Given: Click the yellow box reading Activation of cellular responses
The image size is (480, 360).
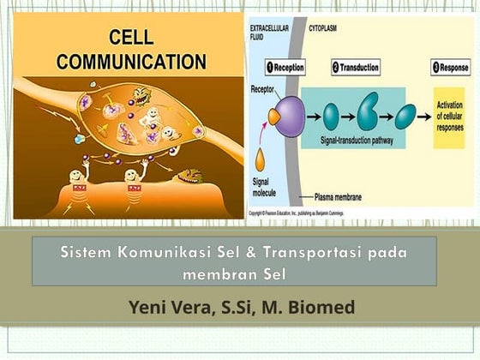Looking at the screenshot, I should pyautogui.click(x=448, y=117).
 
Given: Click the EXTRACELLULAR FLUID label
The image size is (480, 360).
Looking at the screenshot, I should pyautogui.click(x=265, y=33).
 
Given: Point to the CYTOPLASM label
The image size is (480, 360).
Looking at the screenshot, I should pyautogui.click(x=323, y=27).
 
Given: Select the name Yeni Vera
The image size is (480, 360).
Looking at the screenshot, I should pyautogui.click(x=168, y=307).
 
